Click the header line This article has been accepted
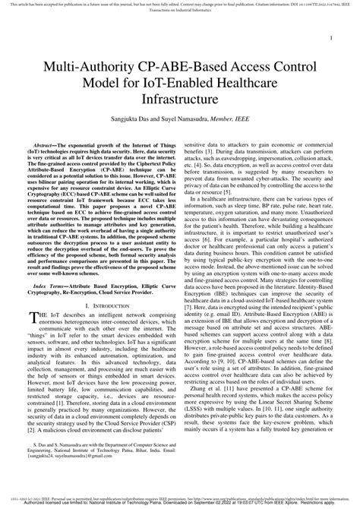(114, 4)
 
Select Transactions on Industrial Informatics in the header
(180, 11)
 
